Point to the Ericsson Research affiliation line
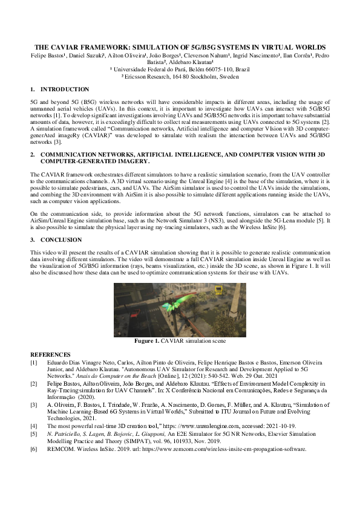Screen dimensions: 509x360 [180, 77]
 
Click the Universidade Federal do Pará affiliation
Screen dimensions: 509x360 [180, 70]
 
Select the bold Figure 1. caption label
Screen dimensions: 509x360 [147, 342]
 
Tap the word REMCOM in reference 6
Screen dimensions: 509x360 [60, 449]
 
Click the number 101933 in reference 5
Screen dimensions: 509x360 [226, 442]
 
